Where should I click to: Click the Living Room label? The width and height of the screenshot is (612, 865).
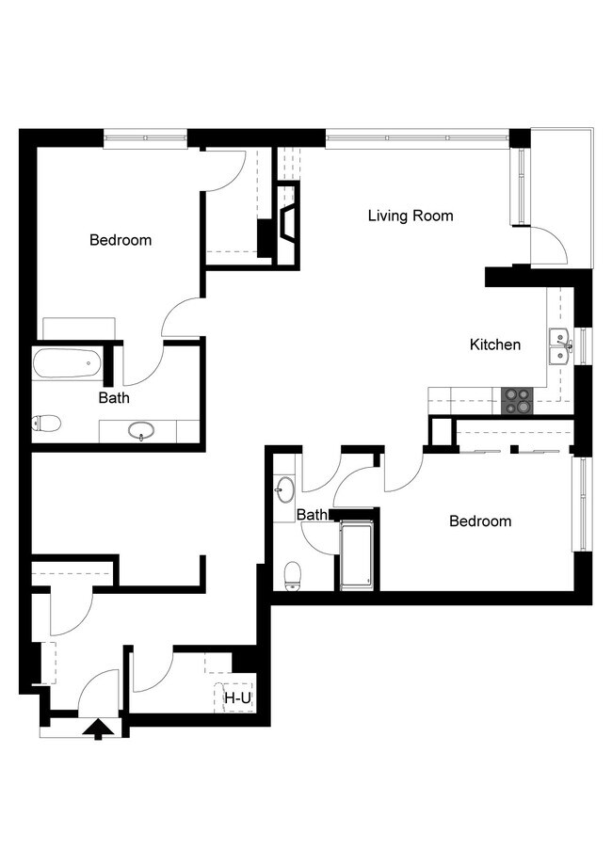point(410,216)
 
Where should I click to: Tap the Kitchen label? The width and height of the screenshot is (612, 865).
point(494,344)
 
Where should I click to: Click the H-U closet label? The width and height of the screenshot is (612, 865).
point(236,698)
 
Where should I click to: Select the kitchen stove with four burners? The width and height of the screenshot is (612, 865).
point(516,402)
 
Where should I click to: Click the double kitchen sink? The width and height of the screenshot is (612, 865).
point(559,345)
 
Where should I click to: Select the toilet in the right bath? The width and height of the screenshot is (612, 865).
point(292,573)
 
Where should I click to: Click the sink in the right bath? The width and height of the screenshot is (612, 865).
point(285,489)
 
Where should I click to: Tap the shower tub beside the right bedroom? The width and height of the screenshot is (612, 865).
point(357,554)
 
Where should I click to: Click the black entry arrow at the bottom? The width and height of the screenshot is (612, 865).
point(96,728)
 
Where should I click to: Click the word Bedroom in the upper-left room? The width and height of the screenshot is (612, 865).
point(120,240)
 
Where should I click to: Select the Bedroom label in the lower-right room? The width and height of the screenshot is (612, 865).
point(479,521)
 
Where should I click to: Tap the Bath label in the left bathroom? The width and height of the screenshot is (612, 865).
point(114,398)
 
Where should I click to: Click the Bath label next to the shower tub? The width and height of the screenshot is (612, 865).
point(312,515)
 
